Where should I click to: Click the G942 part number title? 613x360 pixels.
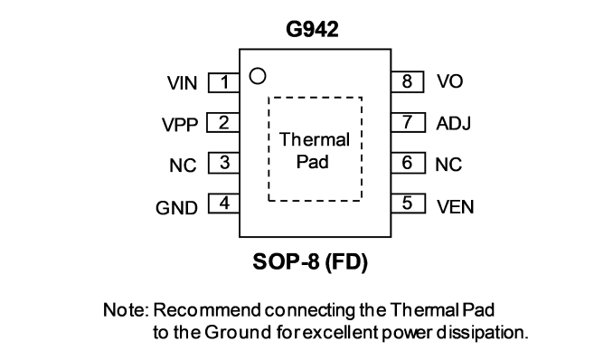click(312, 29)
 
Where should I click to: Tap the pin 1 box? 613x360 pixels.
click(223, 82)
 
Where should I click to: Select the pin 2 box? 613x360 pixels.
click(222, 122)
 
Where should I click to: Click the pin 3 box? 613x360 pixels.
click(223, 163)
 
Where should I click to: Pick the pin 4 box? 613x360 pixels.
click(223, 204)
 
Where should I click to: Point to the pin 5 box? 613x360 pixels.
click(408, 204)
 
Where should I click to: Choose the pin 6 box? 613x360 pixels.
click(408, 163)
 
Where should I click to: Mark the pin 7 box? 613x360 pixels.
click(408, 122)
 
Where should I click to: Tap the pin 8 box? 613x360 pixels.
click(407, 81)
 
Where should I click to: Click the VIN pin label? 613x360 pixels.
click(182, 83)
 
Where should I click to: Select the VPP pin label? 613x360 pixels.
click(180, 125)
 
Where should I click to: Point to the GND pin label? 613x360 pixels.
click(176, 208)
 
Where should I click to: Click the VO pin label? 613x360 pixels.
click(450, 81)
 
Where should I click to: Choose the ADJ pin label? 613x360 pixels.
click(454, 123)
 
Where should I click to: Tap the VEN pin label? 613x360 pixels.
click(456, 206)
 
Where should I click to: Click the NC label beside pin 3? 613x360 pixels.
click(183, 166)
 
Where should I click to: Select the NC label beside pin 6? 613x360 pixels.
click(448, 165)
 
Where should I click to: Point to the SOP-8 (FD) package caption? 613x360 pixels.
click(310, 261)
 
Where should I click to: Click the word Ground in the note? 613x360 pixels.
click(238, 333)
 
